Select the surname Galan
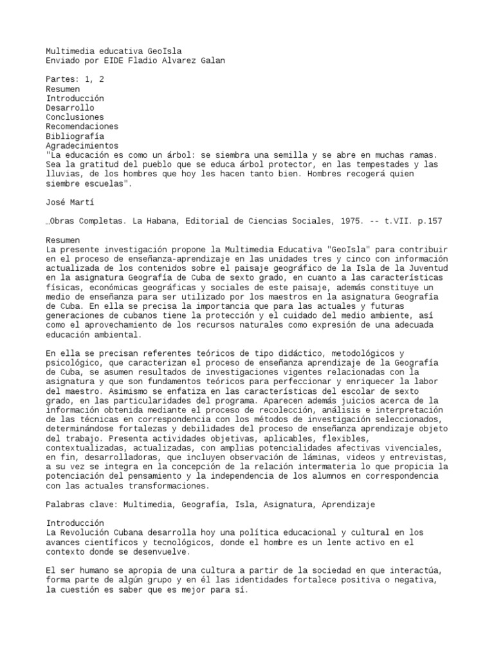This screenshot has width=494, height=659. point(212,60)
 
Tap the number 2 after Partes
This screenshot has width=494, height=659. point(102,79)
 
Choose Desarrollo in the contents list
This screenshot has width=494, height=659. point(69,108)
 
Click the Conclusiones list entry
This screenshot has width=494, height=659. point(75,118)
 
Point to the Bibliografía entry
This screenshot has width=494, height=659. point(75,136)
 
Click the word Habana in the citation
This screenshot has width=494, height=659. point(163,221)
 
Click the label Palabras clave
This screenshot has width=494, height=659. point(79,505)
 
